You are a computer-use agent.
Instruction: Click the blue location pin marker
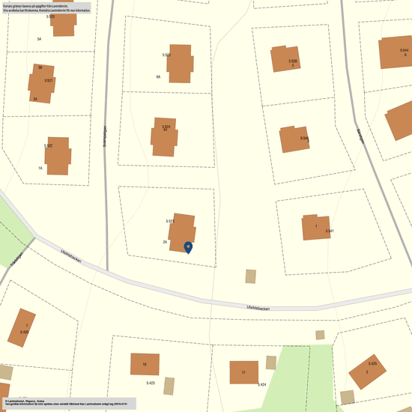coord(188,246)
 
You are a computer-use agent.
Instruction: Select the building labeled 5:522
coord(59,156)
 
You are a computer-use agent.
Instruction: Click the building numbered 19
coord(145,365)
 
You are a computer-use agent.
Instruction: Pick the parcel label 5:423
coord(150,383)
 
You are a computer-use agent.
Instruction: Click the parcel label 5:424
coord(262,384)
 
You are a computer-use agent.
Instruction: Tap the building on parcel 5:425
coord(367,372)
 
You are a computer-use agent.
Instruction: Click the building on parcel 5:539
coord(286,58)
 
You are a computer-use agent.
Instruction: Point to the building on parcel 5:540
coord(294,139)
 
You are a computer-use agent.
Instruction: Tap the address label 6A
coord(158,77)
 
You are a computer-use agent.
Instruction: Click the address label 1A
coord(40,169)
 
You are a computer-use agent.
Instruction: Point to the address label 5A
coord(39,38)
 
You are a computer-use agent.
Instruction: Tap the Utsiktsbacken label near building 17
coord(258,307)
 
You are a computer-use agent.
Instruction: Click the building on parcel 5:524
coord(165,136)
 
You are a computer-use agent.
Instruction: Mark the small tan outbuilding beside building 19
coord(169,386)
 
